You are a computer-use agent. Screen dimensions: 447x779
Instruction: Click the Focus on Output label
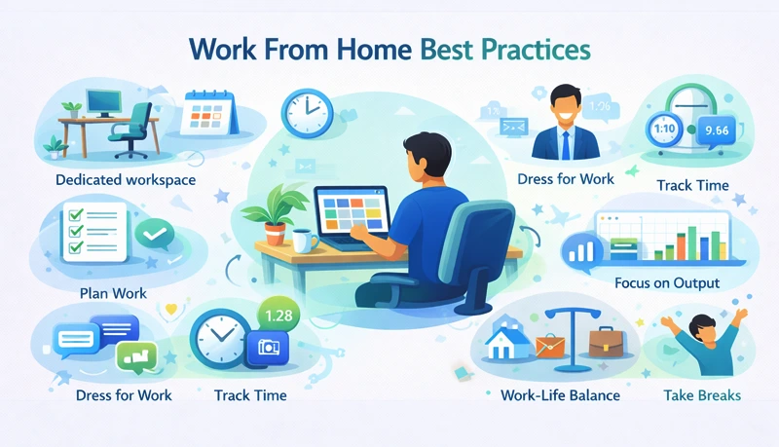tap(667, 283)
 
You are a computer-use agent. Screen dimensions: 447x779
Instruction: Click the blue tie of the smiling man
tap(564, 143)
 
